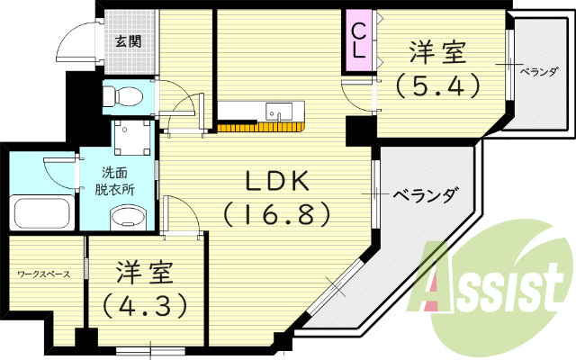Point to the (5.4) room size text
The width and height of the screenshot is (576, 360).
coord(437,85)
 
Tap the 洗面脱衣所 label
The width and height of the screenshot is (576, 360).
coord(115,181)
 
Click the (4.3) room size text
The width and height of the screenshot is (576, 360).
coord(146,304)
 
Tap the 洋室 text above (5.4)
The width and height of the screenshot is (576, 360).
coord(437,52)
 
